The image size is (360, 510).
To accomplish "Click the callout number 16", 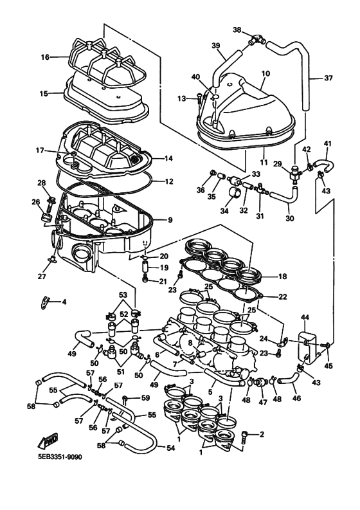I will point(46,57).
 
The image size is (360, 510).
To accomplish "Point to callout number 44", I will point(305,318).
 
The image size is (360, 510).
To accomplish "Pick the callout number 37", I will point(328,78).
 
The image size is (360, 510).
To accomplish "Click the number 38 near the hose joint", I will point(237,30).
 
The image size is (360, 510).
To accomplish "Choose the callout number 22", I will point(283,296).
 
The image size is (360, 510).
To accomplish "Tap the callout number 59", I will point(146,398).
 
